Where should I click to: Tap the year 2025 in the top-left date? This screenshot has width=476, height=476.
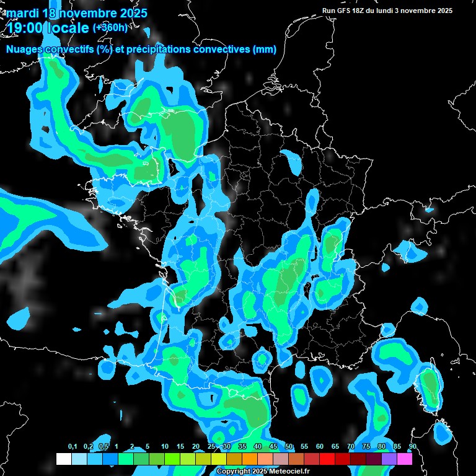pos(131,12)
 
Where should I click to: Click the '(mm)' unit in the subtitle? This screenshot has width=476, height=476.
pos(265,50)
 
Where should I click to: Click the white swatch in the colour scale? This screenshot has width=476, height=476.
pos(64,459)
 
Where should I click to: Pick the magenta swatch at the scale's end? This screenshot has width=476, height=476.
pos(405,459)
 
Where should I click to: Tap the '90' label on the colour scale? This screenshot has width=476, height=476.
pos(412,447)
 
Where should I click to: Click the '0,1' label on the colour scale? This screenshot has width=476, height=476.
pos(72,447)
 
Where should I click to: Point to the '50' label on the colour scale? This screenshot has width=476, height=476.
pos(289,447)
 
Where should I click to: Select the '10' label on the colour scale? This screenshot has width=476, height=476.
pos(165,447)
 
